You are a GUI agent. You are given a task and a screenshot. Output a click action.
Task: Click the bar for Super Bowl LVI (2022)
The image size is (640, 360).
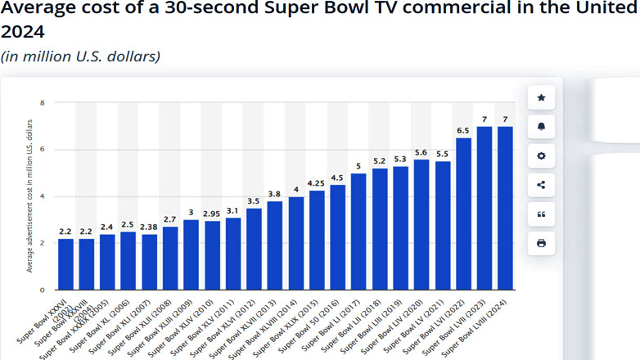[x=463, y=214]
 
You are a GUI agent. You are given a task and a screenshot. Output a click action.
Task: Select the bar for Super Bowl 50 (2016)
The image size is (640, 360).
[x=337, y=237]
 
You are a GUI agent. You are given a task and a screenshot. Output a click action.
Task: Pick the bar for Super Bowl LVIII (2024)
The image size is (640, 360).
[x=505, y=208]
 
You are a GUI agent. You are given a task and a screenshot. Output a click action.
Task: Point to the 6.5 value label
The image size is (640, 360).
[x=463, y=130]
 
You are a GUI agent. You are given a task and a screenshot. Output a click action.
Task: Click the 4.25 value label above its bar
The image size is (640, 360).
[x=316, y=182]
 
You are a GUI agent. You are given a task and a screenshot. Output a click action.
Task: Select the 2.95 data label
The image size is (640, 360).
[x=212, y=213]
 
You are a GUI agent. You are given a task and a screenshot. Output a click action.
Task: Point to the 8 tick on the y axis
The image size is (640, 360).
[x=43, y=103]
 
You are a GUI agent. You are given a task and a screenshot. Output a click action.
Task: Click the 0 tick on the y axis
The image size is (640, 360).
[x=43, y=290]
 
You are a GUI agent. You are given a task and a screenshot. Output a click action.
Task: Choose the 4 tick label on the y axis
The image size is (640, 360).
[x=43, y=196]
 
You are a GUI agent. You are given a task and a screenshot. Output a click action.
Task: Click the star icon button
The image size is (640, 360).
[x=541, y=97]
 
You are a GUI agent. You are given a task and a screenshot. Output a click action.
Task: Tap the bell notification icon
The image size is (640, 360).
[x=541, y=126]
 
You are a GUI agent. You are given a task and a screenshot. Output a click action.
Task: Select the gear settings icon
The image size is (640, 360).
[x=541, y=155]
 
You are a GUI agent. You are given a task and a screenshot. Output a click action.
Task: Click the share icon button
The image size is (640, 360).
[x=541, y=184]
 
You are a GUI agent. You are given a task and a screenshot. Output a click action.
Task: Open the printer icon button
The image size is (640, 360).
[x=541, y=243]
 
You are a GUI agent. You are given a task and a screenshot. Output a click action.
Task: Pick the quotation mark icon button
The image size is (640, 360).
[x=541, y=214]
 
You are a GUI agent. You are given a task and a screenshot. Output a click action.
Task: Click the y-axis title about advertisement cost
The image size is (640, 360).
[x=30, y=196]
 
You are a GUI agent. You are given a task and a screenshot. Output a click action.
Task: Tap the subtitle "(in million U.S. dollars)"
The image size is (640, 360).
[x=80, y=56]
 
